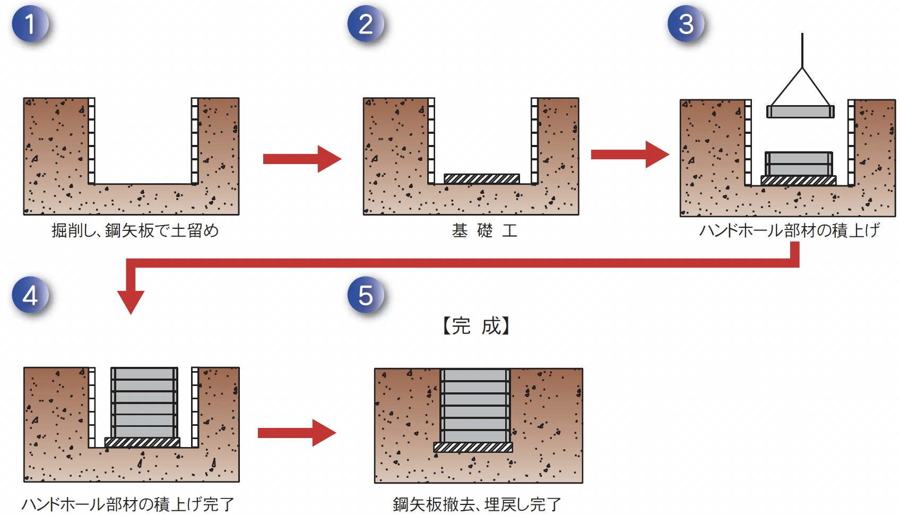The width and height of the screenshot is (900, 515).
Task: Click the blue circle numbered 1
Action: point(30,24)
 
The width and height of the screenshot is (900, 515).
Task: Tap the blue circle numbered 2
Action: point(366,24)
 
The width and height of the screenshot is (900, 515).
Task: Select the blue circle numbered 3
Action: point(686,24)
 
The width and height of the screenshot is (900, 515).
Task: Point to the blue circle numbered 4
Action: point(30,295)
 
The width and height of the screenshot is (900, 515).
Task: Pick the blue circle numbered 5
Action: point(366,295)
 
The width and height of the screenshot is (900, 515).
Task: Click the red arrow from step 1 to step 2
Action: point(301,159)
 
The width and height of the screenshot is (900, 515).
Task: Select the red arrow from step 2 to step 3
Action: point(629,154)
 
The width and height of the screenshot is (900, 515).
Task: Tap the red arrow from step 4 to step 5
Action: point(296,433)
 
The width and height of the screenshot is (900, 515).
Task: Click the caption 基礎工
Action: point(484,231)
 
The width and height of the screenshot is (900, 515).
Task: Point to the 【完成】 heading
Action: point(476,326)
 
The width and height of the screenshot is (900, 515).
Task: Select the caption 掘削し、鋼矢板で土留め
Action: point(135,231)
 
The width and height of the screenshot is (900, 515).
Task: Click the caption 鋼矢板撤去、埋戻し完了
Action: point(477,504)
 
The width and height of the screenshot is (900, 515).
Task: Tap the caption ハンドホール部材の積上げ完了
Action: point(128,504)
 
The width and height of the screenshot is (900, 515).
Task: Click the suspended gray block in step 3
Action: point(800,111)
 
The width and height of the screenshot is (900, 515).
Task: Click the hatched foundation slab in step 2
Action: point(481,179)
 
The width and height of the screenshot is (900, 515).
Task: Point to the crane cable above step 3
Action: point(802,50)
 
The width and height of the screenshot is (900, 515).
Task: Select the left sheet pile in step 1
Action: point(92,141)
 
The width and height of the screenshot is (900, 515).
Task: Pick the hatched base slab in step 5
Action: point(473,448)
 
